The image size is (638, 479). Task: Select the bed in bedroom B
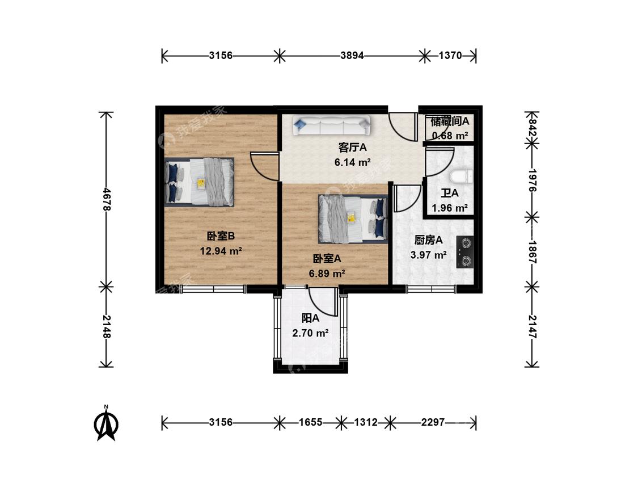[x=200, y=182]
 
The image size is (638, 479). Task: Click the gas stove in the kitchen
[x=465, y=252]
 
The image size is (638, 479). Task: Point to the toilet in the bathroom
[x=462, y=177]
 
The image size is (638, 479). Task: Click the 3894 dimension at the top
[x=352, y=56]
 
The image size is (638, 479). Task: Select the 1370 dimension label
[x=450, y=56]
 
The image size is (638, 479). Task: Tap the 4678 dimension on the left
[x=107, y=199]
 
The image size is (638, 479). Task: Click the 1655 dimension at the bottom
[x=310, y=422]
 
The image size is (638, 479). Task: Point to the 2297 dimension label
[x=433, y=422]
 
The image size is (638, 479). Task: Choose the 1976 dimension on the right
[x=532, y=180]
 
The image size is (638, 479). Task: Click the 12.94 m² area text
[x=221, y=251]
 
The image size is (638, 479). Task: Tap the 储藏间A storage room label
[x=450, y=121]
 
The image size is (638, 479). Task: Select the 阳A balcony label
[x=310, y=318]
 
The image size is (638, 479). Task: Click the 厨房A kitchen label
[x=429, y=240]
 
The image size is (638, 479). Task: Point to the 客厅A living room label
[x=352, y=147]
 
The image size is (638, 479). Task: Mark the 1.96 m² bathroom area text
[x=450, y=208]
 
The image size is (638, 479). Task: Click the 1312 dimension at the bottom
[x=366, y=422]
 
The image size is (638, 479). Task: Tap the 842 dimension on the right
[x=532, y=127]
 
